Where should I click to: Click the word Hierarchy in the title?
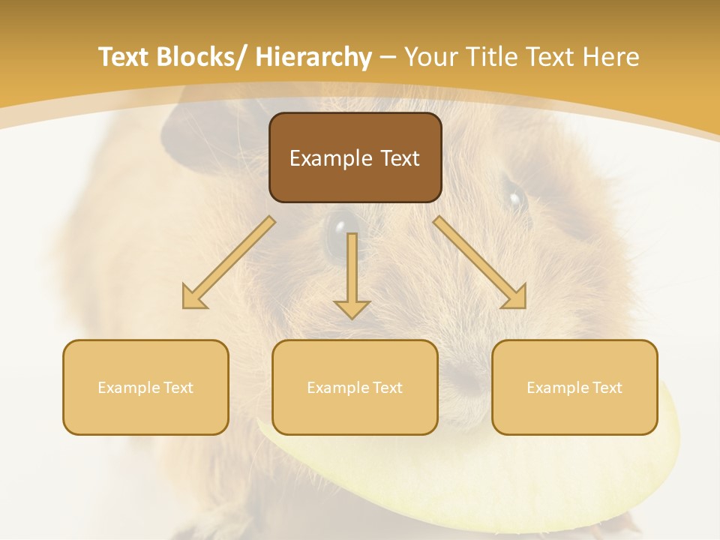pos(313,58)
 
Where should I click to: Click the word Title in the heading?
pos(498,57)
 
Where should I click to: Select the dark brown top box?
pos(355,157)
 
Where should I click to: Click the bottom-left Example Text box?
pos(145,387)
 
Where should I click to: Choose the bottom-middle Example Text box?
pos(355,387)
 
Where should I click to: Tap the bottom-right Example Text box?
pos(574,387)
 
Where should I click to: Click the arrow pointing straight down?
pos(352,277)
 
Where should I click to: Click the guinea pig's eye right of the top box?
pos(514,199)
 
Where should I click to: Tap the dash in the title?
pos(388,58)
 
